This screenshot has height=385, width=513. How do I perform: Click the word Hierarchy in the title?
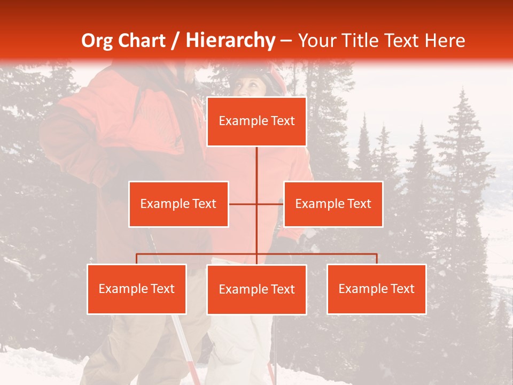click(230, 41)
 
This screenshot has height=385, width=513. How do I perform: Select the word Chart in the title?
click(143, 41)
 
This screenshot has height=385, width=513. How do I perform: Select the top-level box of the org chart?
click(256, 121)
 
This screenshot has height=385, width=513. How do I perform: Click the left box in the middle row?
click(178, 204)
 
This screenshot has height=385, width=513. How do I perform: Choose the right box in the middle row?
click(333, 204)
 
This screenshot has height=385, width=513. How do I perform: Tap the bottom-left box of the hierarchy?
click(137, 289)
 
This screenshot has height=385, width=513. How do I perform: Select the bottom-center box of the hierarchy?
click(256, 289)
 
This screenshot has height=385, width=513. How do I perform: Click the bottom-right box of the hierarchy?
click(377, 289)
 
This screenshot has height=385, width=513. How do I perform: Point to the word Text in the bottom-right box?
click(402, 289)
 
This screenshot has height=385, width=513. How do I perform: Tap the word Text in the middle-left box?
click(203, 204)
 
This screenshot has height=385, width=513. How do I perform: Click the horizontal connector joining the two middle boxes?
click(243, 204)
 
